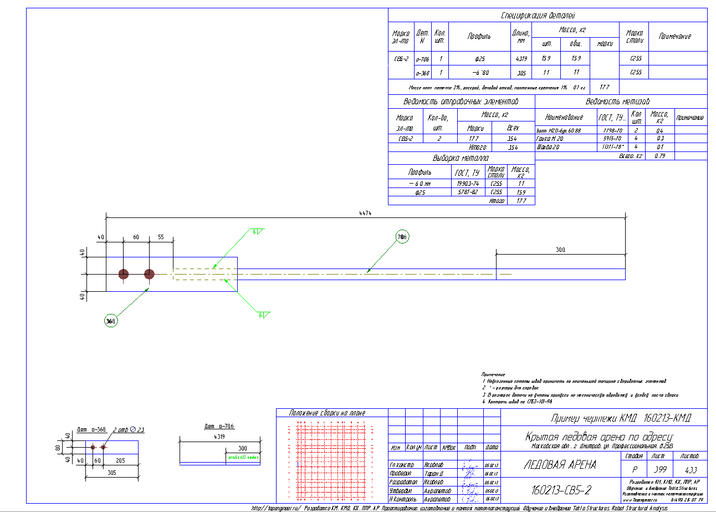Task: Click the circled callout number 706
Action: pos(402,237)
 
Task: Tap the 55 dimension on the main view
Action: pos(161,237)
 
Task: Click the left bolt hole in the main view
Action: pos(123,274)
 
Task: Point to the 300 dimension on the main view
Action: pos(560,250)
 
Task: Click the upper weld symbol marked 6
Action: pos(256,232)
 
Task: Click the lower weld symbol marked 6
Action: pos(262,315)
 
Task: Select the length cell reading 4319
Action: pos(521,58)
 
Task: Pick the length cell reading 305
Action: pos(521,72)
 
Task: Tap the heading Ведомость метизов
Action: pos(617,102)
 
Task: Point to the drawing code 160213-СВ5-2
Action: pos(561,490)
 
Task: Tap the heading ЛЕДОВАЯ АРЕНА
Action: pos(560,465)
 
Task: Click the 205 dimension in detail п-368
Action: pos(121,460)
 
